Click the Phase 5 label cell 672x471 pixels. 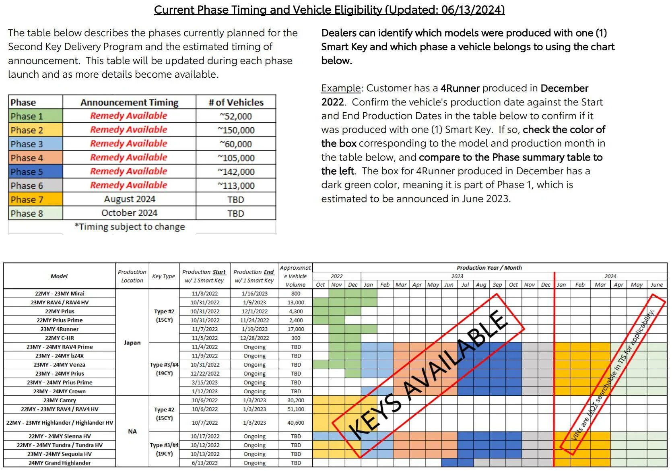pyautogui.click(x=35, y=172)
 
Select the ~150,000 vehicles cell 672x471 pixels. pyautogui.click(x=236, y=130)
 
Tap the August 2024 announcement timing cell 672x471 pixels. pyautogui.click(x=129, y=199)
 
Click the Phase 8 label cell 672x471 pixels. pyautogui.click(x=35, y=213)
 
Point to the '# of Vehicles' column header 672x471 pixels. pyautogui.click(x=236, y=102)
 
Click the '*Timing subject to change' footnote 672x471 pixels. pyautogui.click(x=130, y=227)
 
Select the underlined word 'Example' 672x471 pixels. pyautogui.click(x=341, y=88)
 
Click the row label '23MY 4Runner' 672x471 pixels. pyautogui.click(x=60, y=329)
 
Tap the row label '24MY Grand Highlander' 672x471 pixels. pyautogui.click(x=60, y=463)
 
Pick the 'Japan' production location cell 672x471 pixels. pyautogui.click(x=132, y=343)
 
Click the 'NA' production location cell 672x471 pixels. pyautogui.click(x=132, y=431)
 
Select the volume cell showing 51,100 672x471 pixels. pyautogui.click(x=296, y=409)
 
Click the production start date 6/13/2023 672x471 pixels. pyautogui.click(x=204, y=463)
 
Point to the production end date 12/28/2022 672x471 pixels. pyautogui.click(x=254, y=338)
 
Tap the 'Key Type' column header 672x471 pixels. pyautogui.click(x=163, y=276)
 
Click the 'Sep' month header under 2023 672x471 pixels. pyautogui.click(x=497, y=285)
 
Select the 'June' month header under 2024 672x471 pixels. pyautogui.click(x=657, y=285)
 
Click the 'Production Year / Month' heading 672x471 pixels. pyautogui.click(x=489, y=268)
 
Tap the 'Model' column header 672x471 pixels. pyautogui.click(x=59, y=276)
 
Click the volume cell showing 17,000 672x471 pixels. pyautogui.click(x=296, y=329)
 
